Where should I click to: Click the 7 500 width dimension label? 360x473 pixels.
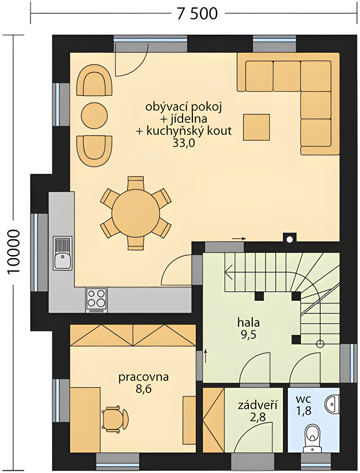pos(197,13)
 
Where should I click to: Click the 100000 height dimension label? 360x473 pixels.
pos(13,252)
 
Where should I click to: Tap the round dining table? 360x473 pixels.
pos(135,213)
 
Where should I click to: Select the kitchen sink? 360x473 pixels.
pos(63,253)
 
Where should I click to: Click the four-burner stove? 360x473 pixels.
pos(96,300)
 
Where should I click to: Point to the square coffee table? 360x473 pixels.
pos(256,127)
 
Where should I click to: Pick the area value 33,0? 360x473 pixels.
pos(184,143)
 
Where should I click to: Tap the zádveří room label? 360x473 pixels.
pos(257,406)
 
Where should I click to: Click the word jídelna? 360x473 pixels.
pos(188,119)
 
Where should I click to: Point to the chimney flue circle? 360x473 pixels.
pos(290,239)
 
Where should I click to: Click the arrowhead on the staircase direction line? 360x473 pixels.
pos(228,272)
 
